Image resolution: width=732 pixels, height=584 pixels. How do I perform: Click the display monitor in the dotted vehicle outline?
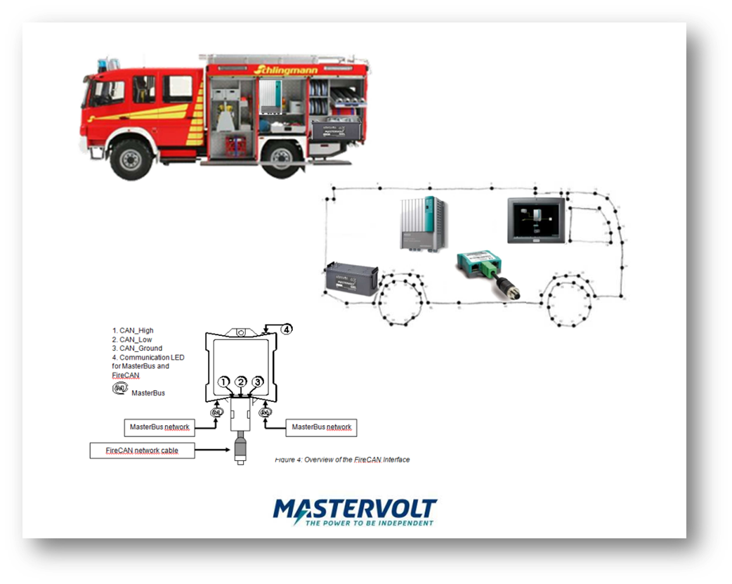536,220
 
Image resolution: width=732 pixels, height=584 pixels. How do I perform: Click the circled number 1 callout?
224,382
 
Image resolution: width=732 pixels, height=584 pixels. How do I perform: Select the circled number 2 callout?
241,382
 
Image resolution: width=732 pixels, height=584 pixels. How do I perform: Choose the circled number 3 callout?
258,382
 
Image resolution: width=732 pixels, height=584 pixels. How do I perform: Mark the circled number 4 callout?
286,328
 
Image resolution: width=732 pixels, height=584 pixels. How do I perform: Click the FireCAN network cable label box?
141,450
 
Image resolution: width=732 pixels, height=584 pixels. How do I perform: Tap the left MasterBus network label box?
159,427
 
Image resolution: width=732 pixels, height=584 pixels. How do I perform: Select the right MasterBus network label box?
322,427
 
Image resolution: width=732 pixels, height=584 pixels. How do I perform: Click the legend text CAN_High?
133,330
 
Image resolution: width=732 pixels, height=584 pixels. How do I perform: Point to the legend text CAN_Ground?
137,348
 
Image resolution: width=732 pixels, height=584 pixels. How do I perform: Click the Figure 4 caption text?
341,460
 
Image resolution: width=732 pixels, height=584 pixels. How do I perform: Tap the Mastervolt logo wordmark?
355,507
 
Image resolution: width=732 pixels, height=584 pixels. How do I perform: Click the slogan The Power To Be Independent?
369,523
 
